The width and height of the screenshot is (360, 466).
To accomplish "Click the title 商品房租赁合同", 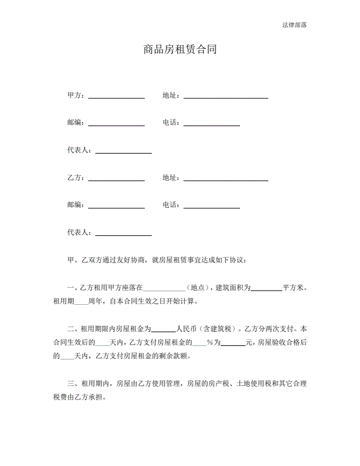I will pos(180,51).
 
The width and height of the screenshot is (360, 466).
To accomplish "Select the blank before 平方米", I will pos(267,289).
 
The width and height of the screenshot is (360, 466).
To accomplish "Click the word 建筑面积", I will pos(234,288).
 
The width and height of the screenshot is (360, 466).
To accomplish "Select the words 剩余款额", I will pos(176,355).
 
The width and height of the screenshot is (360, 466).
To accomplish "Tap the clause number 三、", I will pos(74,383).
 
